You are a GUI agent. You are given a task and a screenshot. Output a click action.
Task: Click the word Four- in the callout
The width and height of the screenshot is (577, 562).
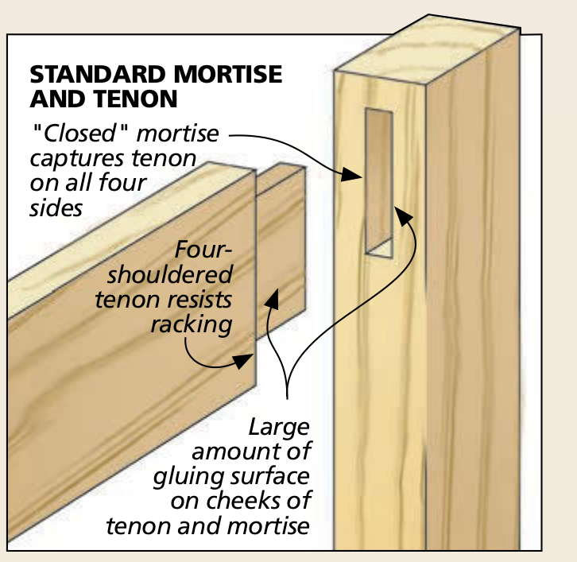(x=203, y=251)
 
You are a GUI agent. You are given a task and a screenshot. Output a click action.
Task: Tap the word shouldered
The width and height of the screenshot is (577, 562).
(x=169, y=275)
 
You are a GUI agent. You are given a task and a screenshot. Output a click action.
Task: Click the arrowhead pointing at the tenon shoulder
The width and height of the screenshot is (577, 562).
(x=239, y=362)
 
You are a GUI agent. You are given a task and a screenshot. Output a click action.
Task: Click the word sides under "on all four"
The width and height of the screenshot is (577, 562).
(x=56, y=207)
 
